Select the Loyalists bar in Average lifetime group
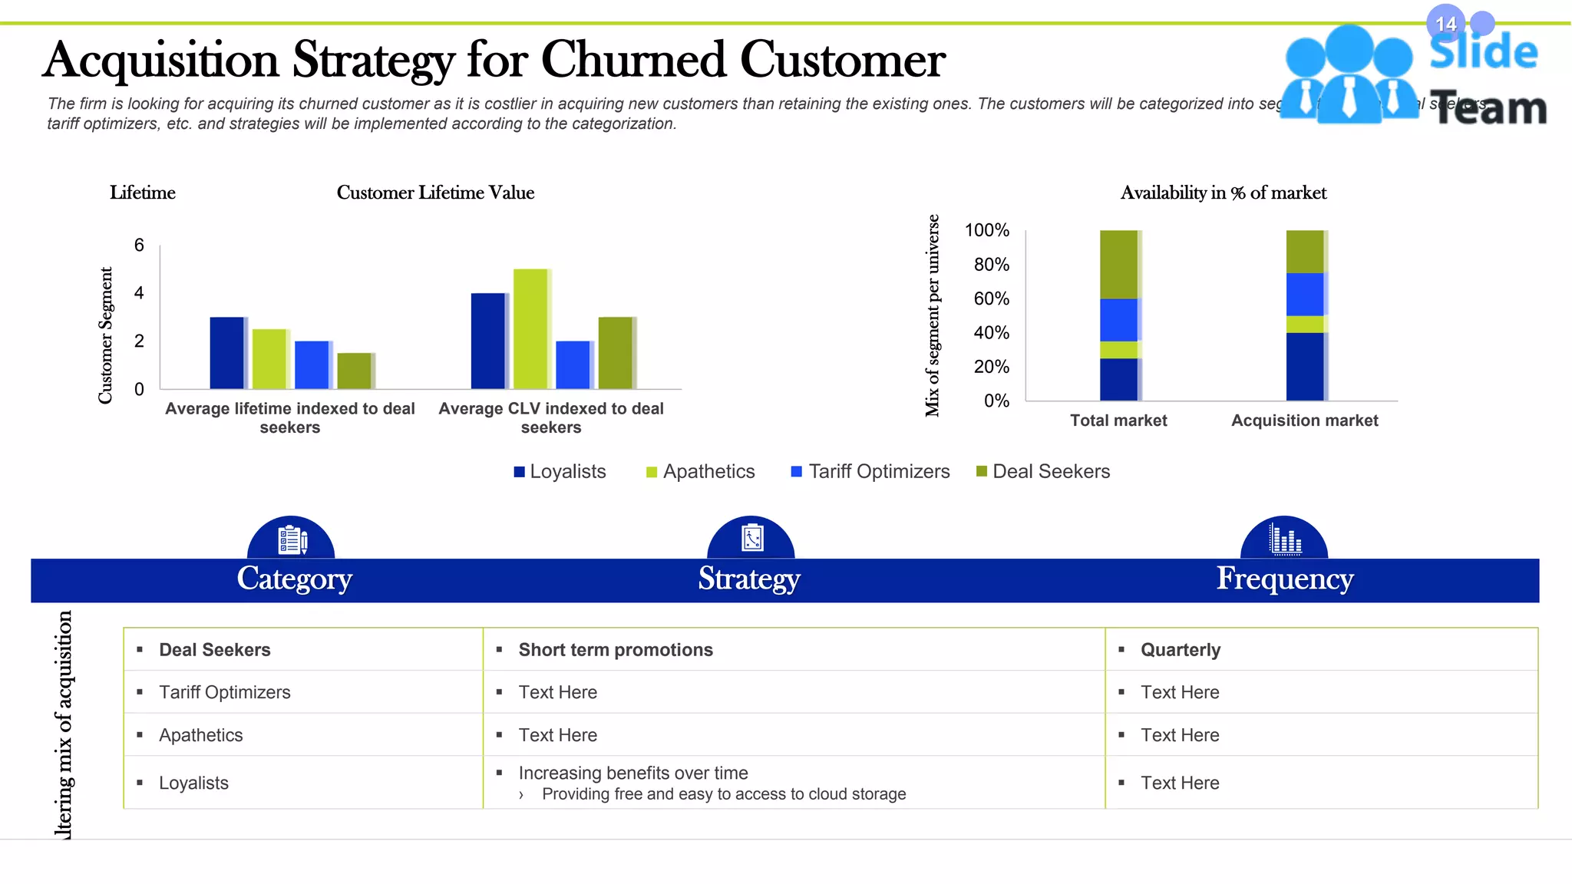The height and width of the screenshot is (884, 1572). [227, 353]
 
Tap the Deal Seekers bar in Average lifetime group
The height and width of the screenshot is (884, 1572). [355, 371]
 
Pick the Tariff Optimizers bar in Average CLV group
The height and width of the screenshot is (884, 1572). [573, 364]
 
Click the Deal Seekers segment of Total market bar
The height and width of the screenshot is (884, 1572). [1119, 265]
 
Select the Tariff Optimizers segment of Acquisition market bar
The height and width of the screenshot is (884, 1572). [1305, 294]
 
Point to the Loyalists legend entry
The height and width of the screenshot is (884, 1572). [560, 472]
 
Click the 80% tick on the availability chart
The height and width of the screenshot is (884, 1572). [991, 265]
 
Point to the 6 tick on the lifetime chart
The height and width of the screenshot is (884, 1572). [139, 246]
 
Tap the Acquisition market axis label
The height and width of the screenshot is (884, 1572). [1304, 421]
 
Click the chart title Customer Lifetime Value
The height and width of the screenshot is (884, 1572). [435, 193]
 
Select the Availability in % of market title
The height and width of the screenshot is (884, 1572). [1223, 193]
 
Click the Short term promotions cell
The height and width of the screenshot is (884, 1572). [616, 650]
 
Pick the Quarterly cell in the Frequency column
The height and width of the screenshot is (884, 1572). [1180, 650]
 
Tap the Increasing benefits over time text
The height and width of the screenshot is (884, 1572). [632, 773]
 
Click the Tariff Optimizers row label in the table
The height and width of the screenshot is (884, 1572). [224, 692]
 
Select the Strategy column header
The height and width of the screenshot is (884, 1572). [749, 579]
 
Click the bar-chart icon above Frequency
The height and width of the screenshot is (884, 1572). [1284, 539]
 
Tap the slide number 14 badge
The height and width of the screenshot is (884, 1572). [1446, 25]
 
